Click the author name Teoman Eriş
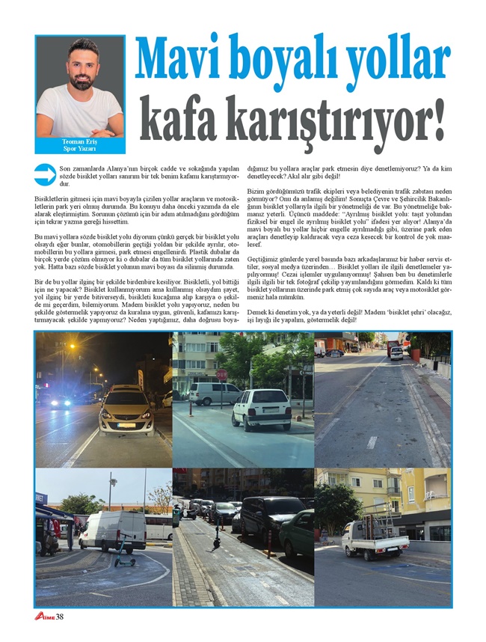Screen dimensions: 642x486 tap(80, 141)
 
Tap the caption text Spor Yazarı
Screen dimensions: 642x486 tap(80, 148)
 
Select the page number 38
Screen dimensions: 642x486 tap(61, 616)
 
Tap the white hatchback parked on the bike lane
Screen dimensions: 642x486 tap(261, 409)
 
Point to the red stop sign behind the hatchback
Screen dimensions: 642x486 tap(222, 374)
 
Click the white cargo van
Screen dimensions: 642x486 tap(112, 531)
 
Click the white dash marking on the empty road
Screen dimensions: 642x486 tap(372, 442)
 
